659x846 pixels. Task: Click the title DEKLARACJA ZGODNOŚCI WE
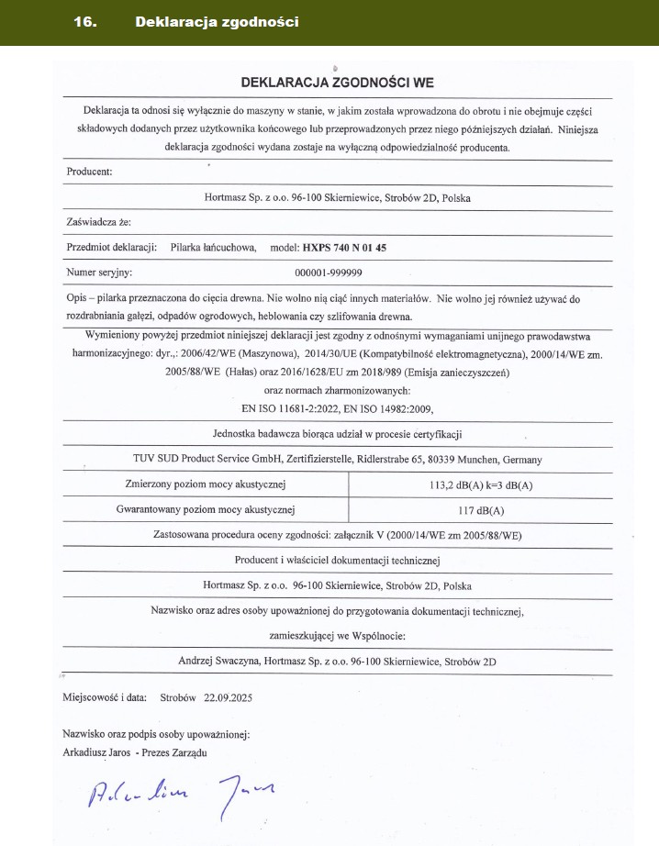pyautogui.click(x=337, y=82)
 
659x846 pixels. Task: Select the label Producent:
pyautogui.click(x=90, y=172)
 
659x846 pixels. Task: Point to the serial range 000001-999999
pyautogui.click(x=329, y=273)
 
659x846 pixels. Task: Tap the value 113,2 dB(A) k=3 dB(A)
pyautogui.click(x=481, y=484)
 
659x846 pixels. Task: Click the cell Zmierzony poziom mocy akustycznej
pyautogui.click(x=207, y=484)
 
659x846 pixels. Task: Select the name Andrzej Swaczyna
pyautogui.click(x=218, y=660)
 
